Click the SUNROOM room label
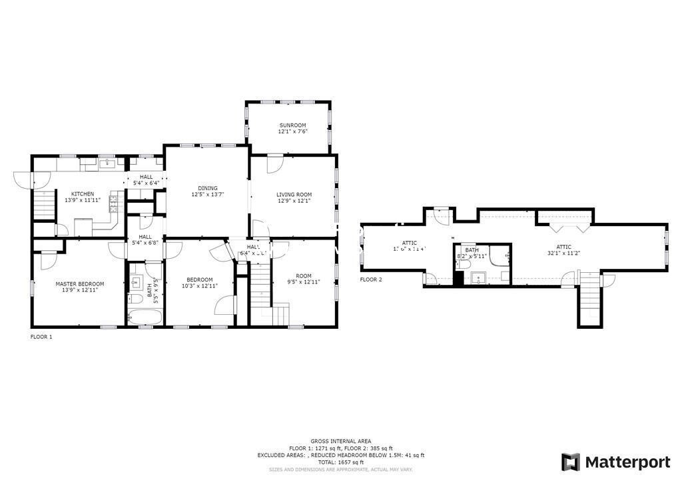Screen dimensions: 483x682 292,125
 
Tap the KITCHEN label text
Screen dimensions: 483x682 83,194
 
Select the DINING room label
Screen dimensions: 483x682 207,188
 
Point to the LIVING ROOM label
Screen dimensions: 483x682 294,195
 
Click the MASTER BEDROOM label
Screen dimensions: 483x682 79,284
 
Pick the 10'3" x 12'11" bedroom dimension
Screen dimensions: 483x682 199,286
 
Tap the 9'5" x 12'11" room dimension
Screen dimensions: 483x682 304,282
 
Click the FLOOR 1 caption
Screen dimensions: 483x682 41,337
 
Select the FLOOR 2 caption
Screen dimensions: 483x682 371,280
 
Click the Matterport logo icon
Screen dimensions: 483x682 571,462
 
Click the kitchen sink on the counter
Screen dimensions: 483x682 107,162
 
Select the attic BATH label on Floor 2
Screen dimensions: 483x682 472,250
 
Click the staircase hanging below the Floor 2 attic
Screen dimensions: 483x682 590,300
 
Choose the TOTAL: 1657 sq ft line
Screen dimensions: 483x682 340,462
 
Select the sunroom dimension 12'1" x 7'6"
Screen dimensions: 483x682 292,131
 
